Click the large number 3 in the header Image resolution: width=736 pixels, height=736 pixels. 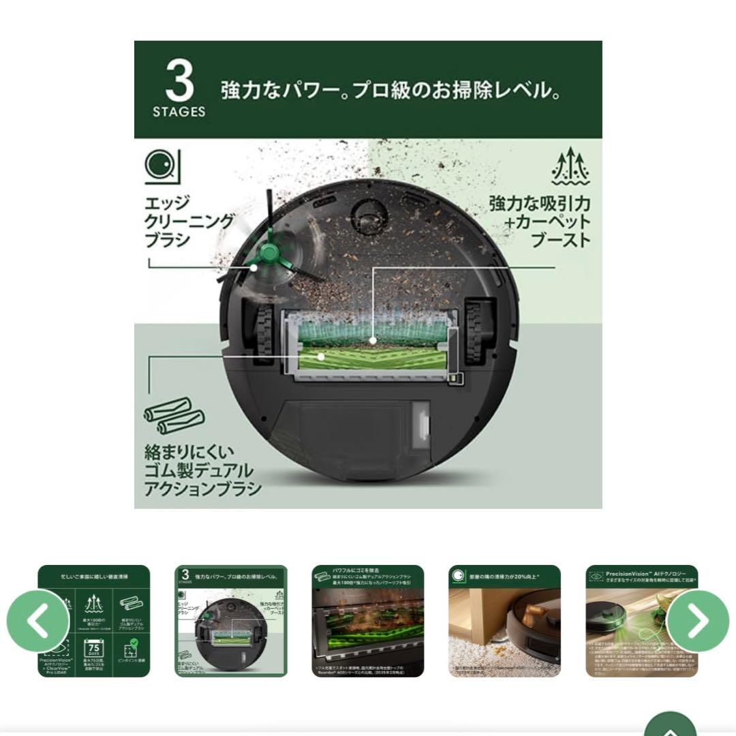pyautogui.click(x=179, y=81)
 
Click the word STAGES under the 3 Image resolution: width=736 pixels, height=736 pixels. pyautogui.click(x=179, y=112)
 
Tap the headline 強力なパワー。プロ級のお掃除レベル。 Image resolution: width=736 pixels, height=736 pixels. pyautogui.click(x=390, y=91)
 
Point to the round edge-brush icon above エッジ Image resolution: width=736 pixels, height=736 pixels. pyautogui.click(x=162, y=166)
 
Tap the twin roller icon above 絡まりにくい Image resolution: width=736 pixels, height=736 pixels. pyautogui.click(x=166, y=416)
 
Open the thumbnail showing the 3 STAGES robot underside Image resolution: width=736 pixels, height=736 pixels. pyautogui.click(x=231, y=621)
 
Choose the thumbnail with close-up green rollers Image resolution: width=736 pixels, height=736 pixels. pyautogui.click(x=367, y=621)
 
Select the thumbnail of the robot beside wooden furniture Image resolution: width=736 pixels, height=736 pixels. pyautogui.click(x=504, y=621)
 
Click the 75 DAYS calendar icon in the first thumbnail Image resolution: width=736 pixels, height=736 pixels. pyautogui.click(x=93, y=647)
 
